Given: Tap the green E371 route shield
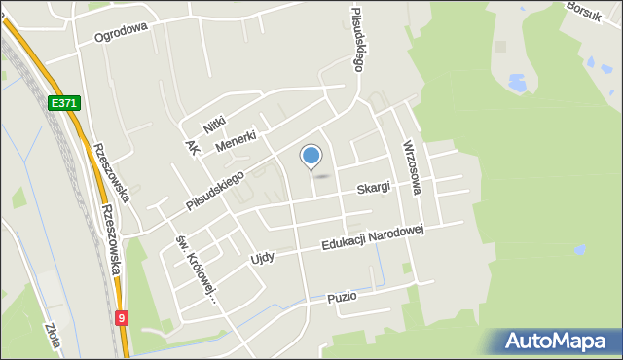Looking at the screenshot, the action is click(x=63, y=103).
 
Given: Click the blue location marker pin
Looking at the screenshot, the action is click(x=311, y=157).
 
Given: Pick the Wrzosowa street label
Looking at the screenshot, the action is click(x=410, y=166).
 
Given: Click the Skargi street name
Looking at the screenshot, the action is click(x=373, y=186).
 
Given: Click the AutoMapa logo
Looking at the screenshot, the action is click(x=554, y=342).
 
